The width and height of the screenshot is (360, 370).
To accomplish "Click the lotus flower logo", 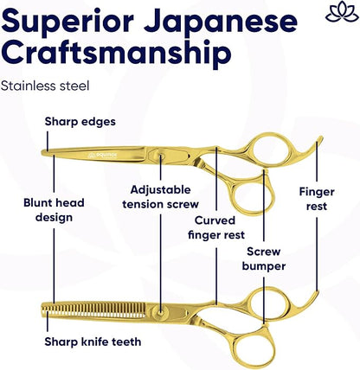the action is pos(342,11).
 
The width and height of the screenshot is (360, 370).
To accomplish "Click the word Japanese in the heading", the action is pos(221,22).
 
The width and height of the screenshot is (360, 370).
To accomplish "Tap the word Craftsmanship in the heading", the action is pos(117,54).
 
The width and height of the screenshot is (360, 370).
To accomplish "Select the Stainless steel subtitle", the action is pos(45,86).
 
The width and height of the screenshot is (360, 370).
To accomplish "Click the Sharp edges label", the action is pos(80,122).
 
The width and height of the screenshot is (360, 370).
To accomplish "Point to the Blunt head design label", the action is pos(54,210).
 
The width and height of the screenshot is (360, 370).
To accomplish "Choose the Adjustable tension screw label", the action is pos(160,197).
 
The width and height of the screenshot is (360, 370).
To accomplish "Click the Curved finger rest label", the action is pos(216,227).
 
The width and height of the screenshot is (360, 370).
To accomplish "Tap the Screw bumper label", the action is pos(264,258).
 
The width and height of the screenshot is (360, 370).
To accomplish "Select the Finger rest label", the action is pos(317,199).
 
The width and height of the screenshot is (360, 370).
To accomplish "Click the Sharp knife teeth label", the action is pos(93,342).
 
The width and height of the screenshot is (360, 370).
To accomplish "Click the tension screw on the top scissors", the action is pos(161,156).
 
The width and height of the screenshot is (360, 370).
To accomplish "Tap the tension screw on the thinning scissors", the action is pos(160,313).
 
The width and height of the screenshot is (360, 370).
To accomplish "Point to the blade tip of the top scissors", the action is pos(42,152).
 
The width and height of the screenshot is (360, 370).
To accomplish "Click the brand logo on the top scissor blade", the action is pos(103,156).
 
